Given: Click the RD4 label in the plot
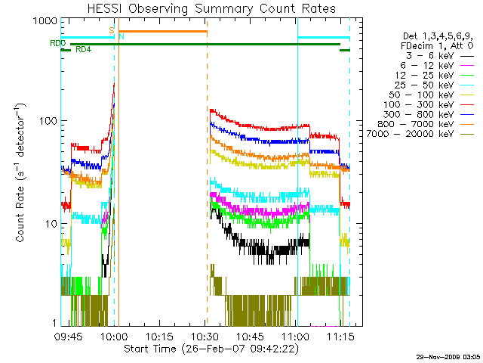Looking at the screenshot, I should coord(84,50).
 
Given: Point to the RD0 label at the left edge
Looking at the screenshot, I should coord(57,44).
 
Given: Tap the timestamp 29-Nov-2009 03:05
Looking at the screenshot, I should coord(448,355).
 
